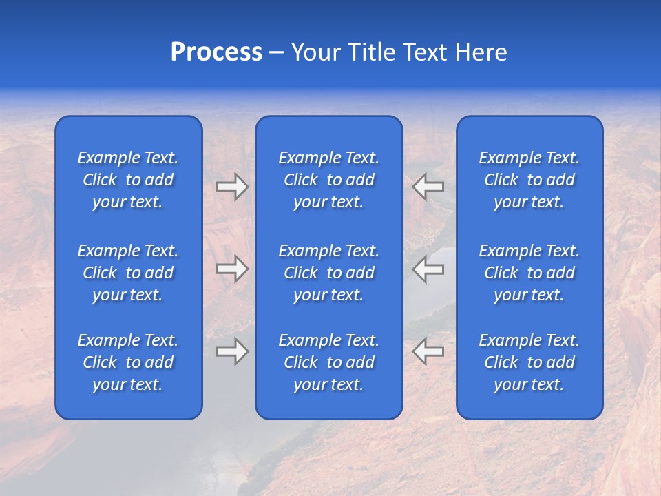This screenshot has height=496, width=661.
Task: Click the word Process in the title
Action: [216, 52]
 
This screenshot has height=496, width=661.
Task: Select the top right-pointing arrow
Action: [232, 187]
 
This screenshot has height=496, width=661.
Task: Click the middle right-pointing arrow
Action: [232, 269]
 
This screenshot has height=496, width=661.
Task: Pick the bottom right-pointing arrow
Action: [232, 351]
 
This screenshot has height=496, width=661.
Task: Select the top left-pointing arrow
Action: [428, 187]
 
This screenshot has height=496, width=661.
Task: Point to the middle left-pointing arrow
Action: [428, 269]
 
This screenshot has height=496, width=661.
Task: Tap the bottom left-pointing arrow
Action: [428, 351]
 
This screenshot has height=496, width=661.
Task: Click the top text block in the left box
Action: [128, 180]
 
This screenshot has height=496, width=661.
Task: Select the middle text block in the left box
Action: [128, 273]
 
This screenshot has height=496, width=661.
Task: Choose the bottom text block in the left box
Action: [128, 362]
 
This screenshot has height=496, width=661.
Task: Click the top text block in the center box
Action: [328, 180]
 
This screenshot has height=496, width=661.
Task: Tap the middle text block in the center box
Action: [328, 273]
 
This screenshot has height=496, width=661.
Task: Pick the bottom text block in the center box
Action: [328, 362]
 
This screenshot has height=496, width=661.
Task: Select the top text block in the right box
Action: [529, 180]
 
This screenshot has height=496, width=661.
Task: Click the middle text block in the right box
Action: [529, 273]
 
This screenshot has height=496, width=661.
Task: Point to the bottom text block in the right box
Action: [529, 362]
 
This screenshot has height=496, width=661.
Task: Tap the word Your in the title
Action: [315, 52]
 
